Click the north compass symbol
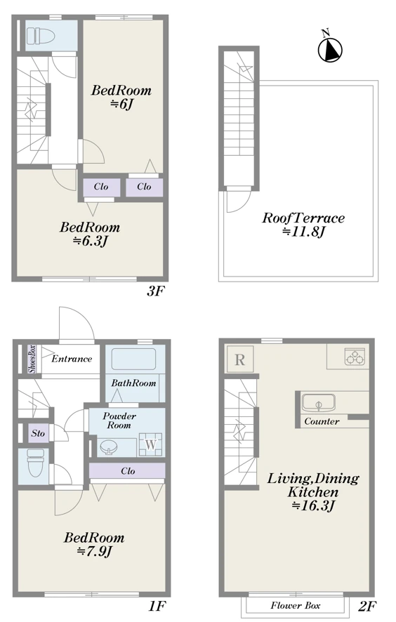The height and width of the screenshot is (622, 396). coord(330,48)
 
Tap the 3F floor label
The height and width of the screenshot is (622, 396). coord(155,291)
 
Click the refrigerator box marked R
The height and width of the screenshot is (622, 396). coord(239,359)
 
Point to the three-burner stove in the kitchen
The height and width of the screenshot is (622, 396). coord(355,356)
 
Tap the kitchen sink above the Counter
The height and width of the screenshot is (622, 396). coord(318,403)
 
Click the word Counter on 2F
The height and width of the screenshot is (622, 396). coord(322,421)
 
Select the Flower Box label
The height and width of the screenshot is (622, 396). coord(296,605)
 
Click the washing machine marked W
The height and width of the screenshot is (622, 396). coord(150,444)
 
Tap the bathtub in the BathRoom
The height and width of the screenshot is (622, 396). coord(133,359)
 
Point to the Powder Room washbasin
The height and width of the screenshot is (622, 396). coord(108,447)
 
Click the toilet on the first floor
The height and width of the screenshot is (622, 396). coord(34,463)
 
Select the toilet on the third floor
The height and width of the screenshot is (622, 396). coord(41,36)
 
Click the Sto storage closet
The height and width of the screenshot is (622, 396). coord(38,433)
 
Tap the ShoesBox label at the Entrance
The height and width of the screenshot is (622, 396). coord(32,359)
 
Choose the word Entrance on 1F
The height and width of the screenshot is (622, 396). coord(72,359)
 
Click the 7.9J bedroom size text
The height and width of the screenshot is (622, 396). coord(95,551)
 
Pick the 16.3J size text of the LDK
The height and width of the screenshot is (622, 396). coord(313,505)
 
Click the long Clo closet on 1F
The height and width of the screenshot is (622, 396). coord(127,471)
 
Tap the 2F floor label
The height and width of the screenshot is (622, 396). coord(367,606)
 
